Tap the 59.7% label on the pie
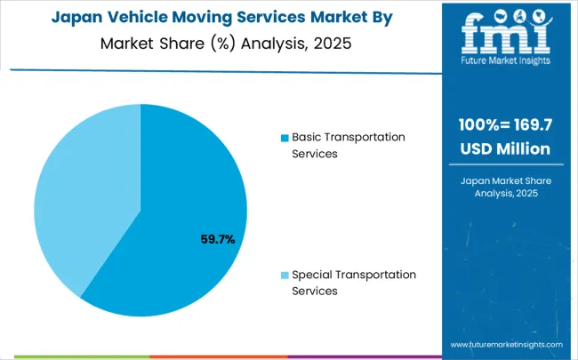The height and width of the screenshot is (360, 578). (x=216, y=238)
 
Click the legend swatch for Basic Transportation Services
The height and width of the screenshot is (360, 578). (x=285, y=138)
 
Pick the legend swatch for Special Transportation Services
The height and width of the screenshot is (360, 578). (x=285, y=275)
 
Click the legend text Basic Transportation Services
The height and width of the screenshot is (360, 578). (x=349, y=145)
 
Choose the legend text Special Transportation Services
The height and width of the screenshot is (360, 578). (x=354, y=282)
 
